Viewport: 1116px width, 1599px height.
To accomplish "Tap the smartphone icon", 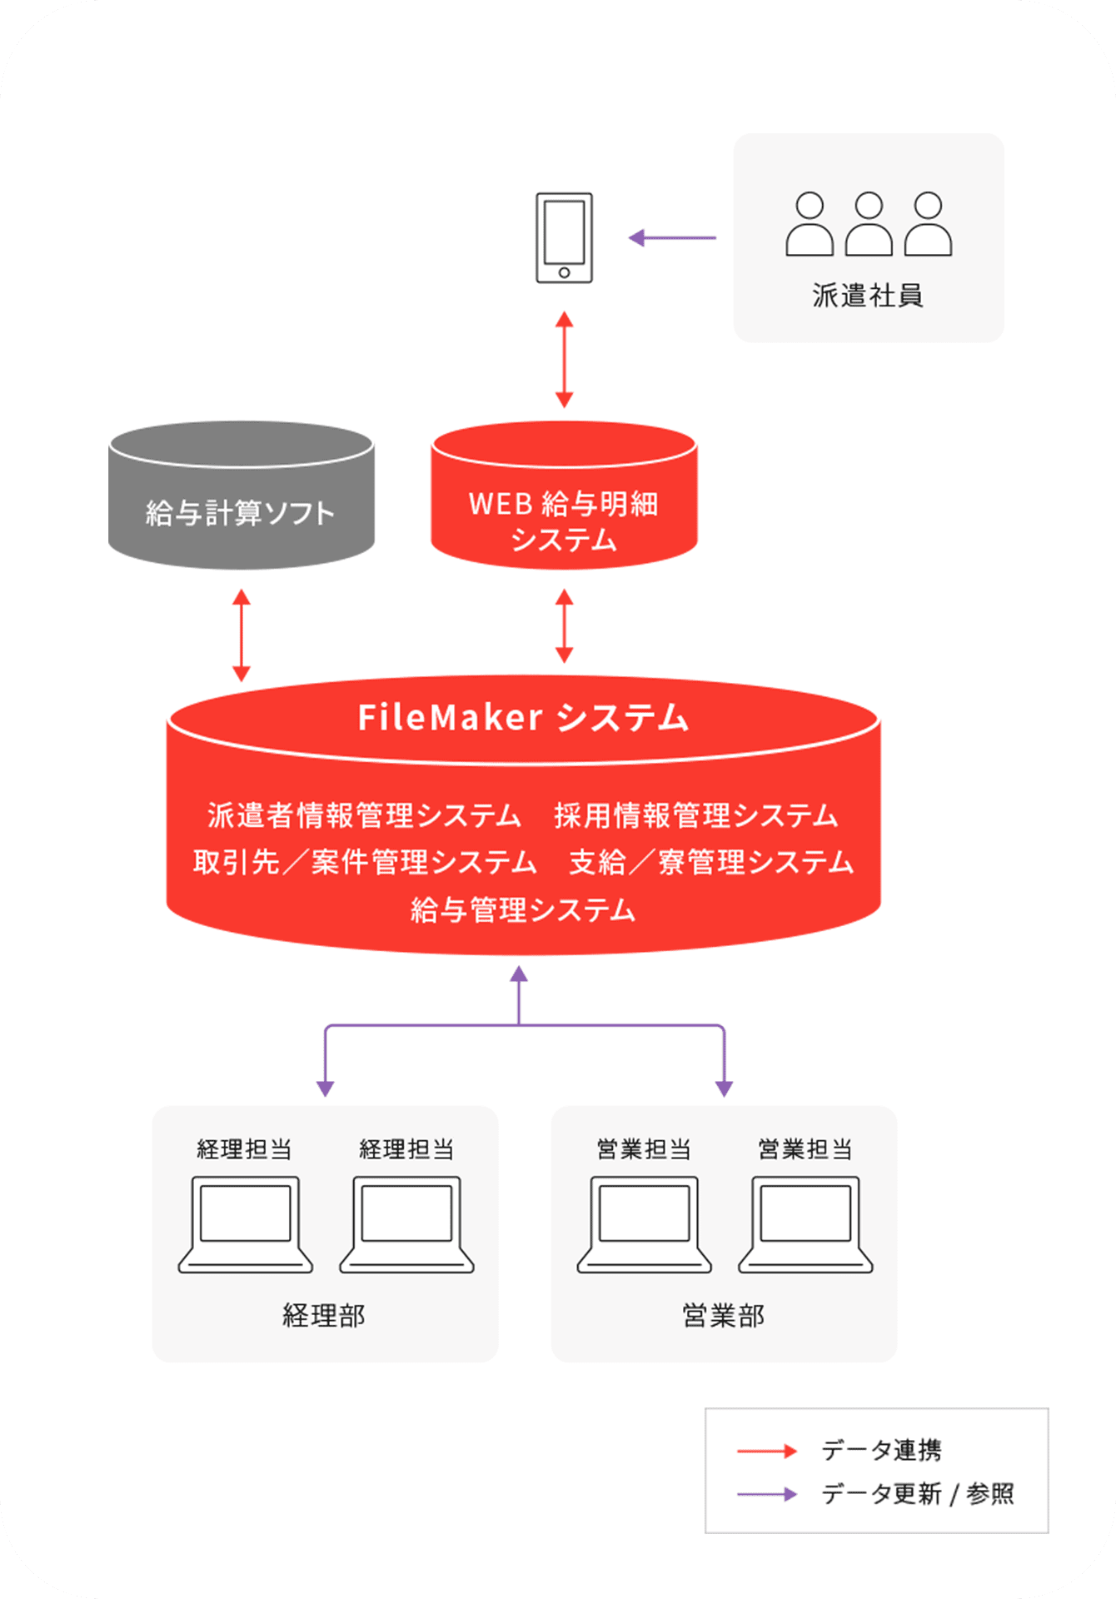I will click(x=564, y=238).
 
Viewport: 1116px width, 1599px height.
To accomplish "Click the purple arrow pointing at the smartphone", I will click(x=671, y=238).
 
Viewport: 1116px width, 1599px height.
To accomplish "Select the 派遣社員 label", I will click(x=868, y=296).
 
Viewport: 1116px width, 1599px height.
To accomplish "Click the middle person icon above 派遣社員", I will click(x=869, y=224).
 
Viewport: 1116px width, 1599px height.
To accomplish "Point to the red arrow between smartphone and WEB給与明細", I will click(x=564, y=360).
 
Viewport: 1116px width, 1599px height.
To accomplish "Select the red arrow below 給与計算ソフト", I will click(x=242, y=635).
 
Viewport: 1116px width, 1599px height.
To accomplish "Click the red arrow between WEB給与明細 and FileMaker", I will click(x=564, y=625).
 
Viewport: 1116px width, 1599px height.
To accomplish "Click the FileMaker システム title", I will click(x=523, y=718).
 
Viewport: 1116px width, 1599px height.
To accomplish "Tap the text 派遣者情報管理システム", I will click(x=364, y=815).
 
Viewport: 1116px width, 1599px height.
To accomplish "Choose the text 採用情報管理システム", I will click(x=695, y=815).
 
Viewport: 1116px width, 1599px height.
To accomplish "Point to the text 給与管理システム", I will click(x=523, y=909).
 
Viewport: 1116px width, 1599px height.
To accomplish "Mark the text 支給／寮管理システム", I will click(x=711, y=862).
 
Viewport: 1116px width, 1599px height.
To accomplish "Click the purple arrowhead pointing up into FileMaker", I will click(x=519, y=974).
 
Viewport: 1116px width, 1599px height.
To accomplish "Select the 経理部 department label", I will click(x=324, y=1316).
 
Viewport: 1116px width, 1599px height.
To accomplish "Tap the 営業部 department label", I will click(x=723, y=1316).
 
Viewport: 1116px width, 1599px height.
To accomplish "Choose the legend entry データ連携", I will click(x=881, y=1451).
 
